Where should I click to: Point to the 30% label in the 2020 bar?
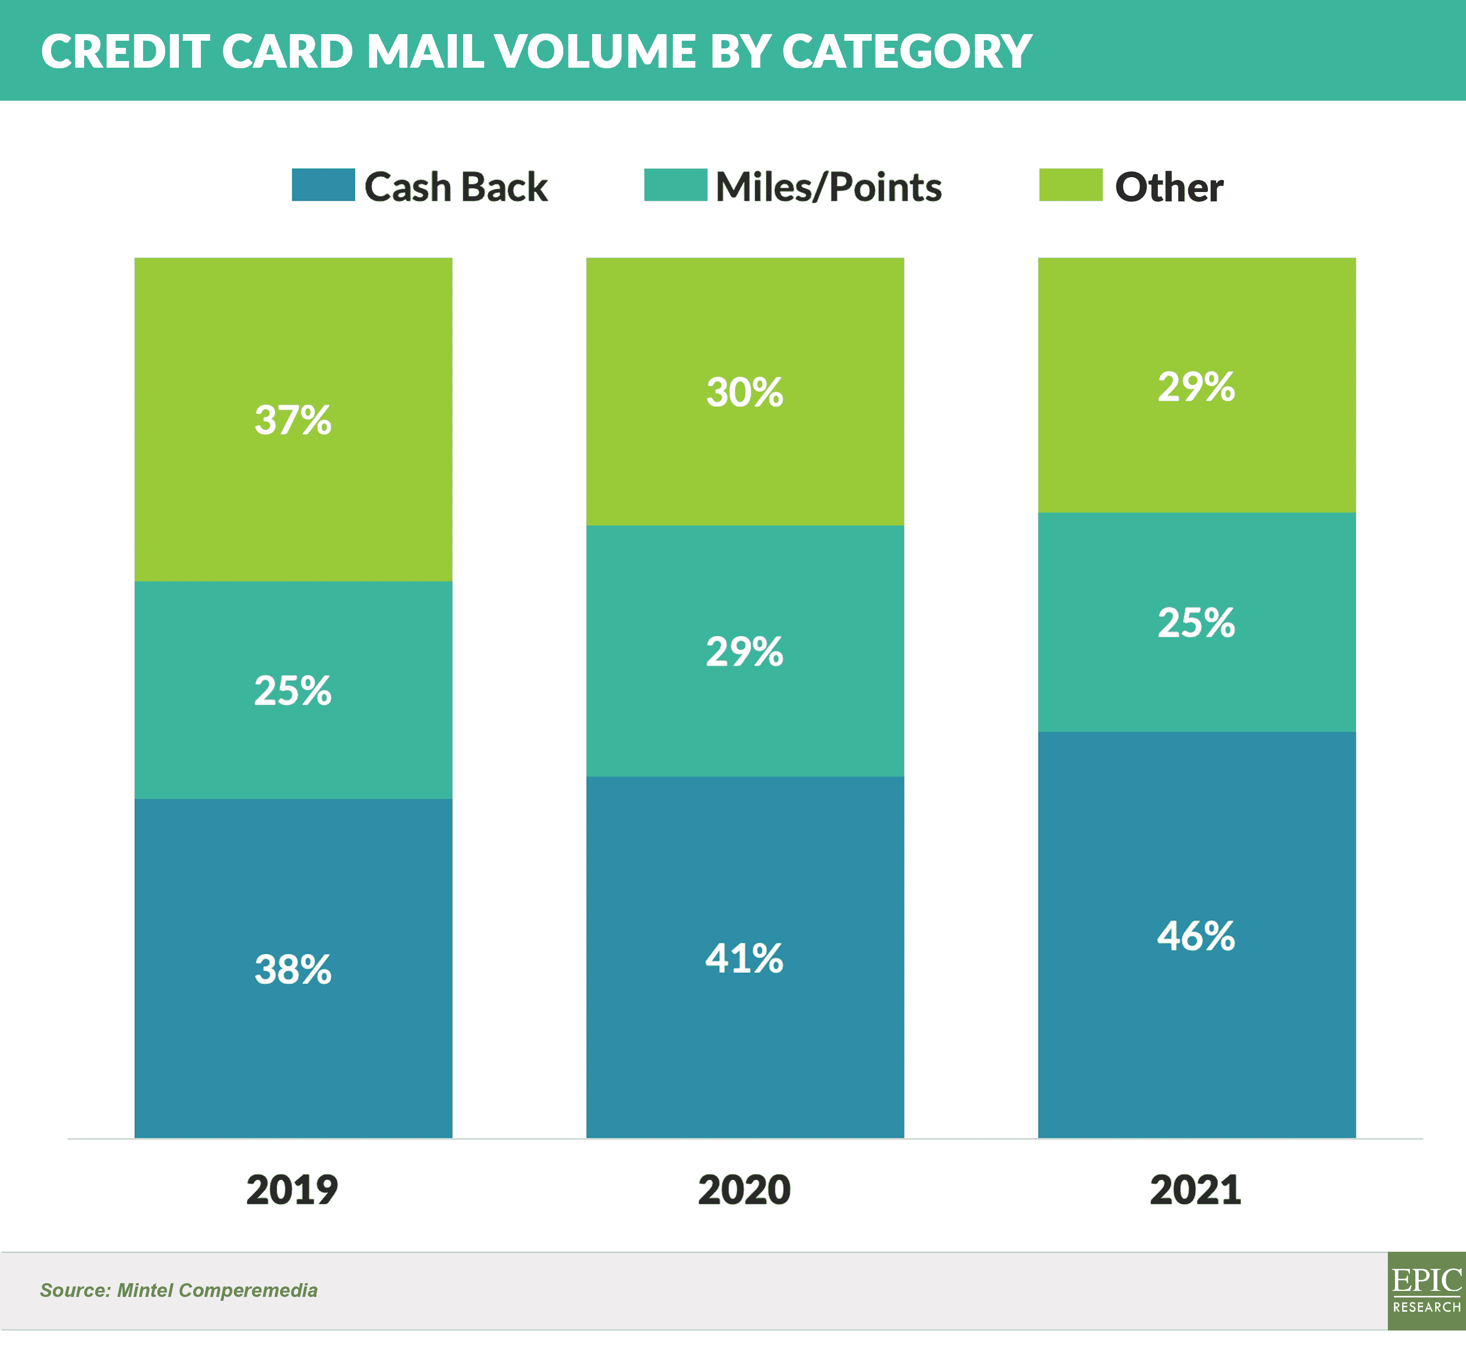click(x=745, y=392)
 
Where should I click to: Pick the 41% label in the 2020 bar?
click(x=745, y=958)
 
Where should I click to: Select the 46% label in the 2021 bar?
click(x=1196, y=936)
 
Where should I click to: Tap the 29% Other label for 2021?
click(x=1196, y=386)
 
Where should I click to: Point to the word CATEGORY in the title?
click(x=907, y=51)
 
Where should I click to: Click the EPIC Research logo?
click(x=1426, y=1291)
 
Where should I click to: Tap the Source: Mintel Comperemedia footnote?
click(x=178, y=1290)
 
